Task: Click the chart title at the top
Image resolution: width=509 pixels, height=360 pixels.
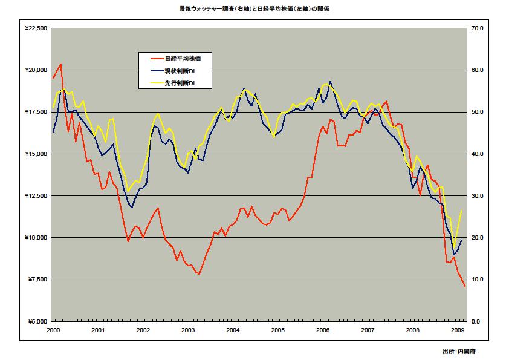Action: pyautogui.click(x=254, y=10)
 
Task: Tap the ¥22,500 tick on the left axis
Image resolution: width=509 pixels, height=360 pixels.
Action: pyautogui.click(x=36, y=28)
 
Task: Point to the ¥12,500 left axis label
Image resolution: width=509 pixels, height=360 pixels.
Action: pyautogui.click(x=36, y=196)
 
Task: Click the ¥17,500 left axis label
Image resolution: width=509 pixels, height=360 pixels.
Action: pyautogui.click(x=36, y=113)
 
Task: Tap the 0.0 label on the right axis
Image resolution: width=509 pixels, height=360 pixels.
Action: pyautogui.click(x=477, y=321)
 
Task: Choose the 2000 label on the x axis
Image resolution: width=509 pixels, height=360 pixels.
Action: pyautogui.click(x=53, y=330)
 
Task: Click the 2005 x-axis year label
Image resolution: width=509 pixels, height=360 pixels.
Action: pyautogui.click(x=277, y=330)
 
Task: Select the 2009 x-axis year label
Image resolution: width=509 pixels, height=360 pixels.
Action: pyautogui.click(x=458, y=330)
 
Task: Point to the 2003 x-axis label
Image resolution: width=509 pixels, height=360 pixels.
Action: pyautogui.click(x=188, y=330)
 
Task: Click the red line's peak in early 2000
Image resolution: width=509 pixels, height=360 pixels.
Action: pyautogui.click(x=60, y=64)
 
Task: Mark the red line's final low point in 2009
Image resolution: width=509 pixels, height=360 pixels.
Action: pyautogui.click(x=465, y=287)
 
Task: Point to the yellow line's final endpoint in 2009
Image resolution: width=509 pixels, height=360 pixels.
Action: pyautogui.click(x=462, y=210)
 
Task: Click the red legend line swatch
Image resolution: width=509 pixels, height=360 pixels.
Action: pyautogui.click(x=155, y=59)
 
